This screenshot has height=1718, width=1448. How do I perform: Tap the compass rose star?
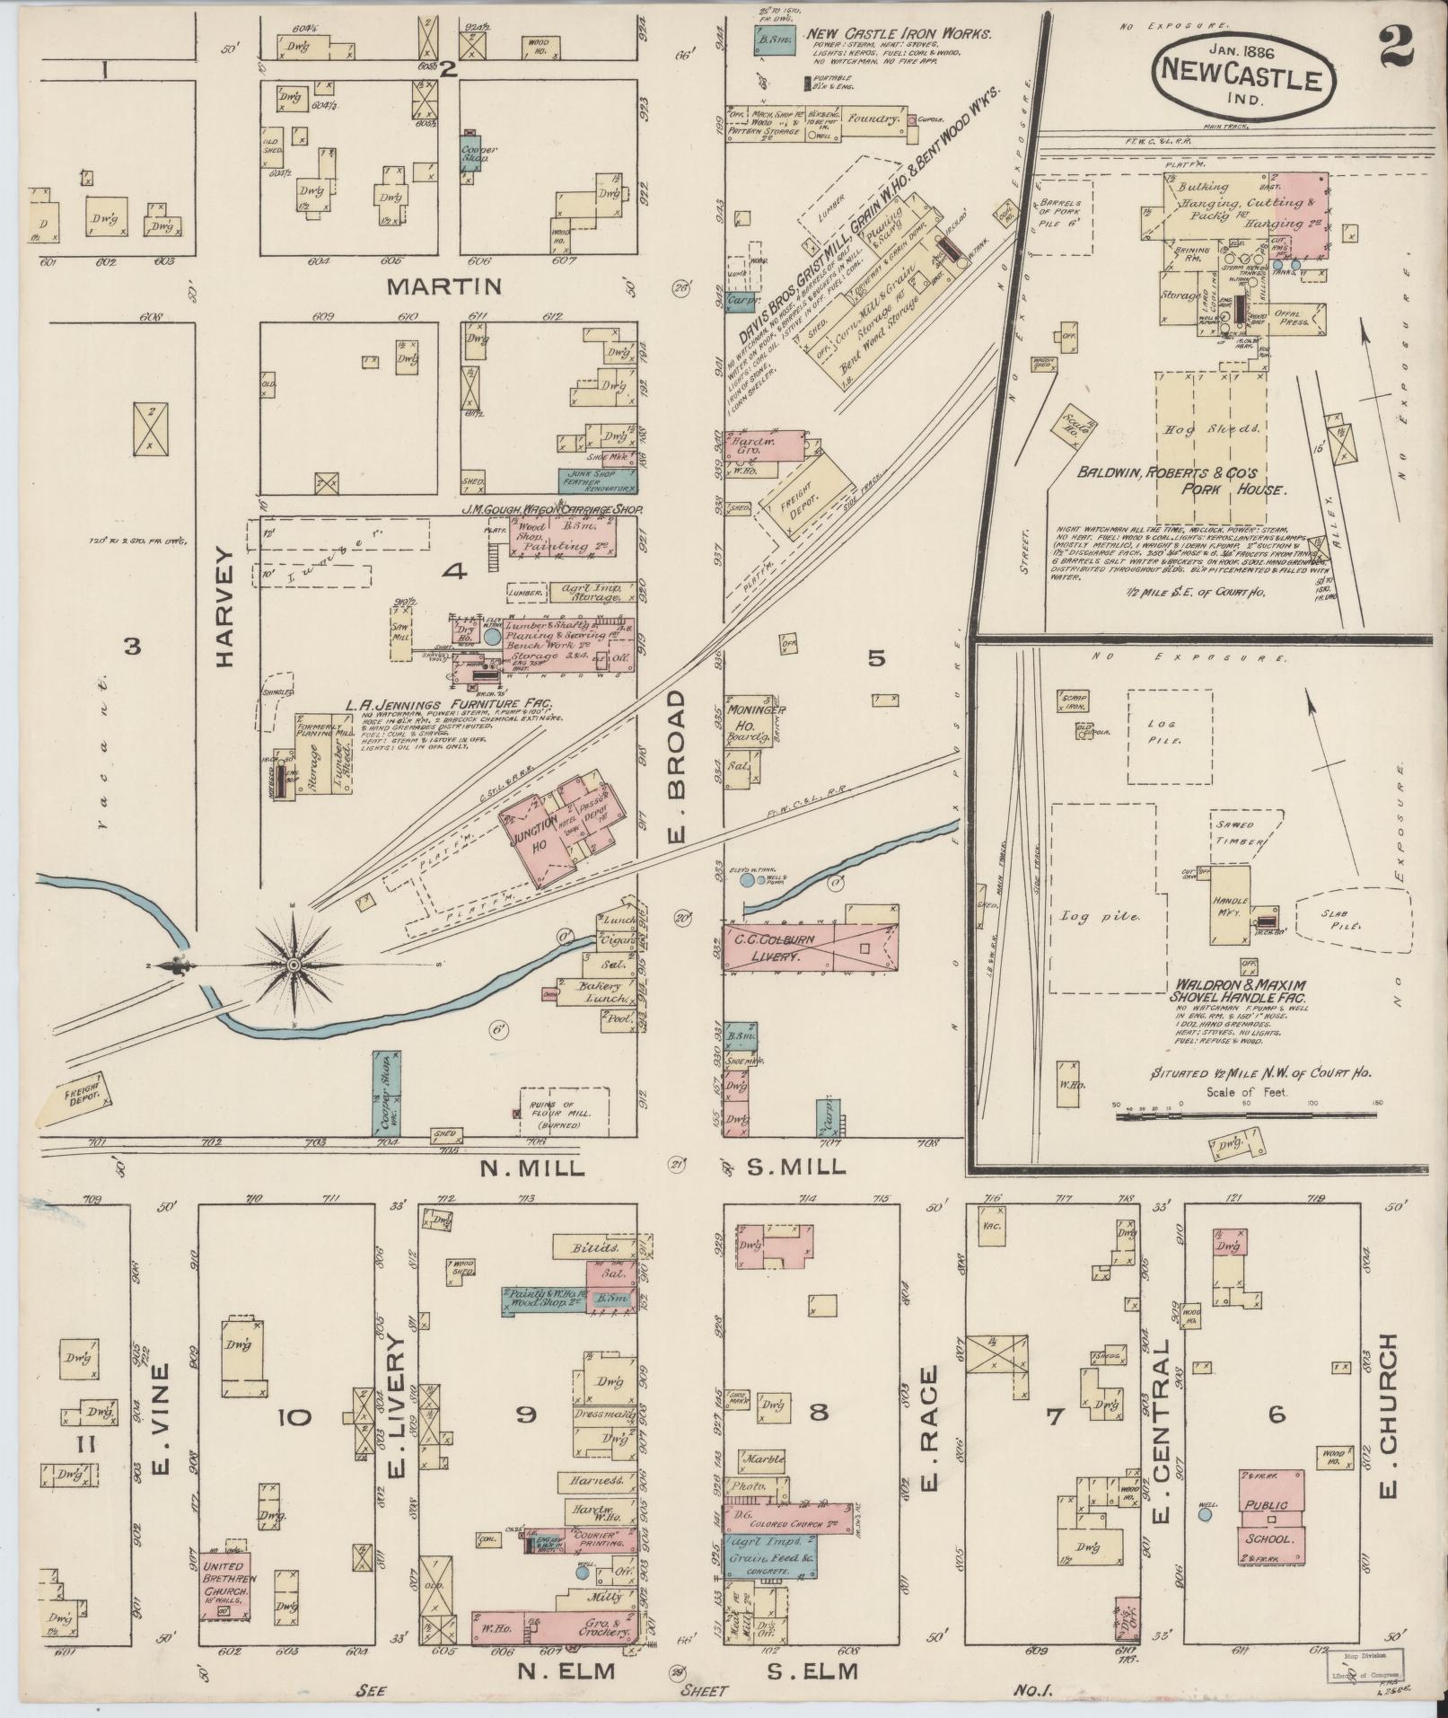(x=293, y=965)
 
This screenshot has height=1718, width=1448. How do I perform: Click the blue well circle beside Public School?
(x=1205, y=1514)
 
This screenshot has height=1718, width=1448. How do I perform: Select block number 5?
(x=876, y=658)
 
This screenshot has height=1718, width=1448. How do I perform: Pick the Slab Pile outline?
(x=1349, y=921)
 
